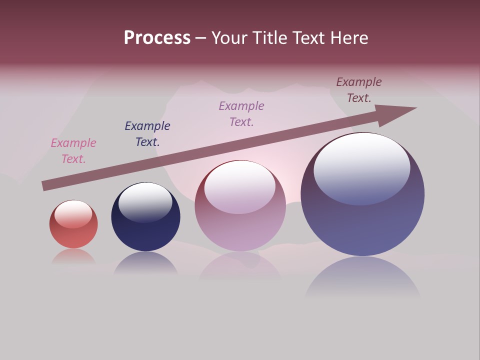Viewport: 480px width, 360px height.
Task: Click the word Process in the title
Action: click(157, 38)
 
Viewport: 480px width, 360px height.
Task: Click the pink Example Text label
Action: click(73, 151)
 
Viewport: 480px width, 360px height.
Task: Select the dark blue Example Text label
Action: click(147, 134)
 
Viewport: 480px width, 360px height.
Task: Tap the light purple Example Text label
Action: click(241, 114)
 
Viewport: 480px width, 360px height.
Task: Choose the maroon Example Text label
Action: click(359, 90)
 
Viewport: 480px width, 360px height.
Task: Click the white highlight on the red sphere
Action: click(73, 214)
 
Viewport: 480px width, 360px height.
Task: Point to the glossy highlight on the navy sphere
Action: click(145, 202)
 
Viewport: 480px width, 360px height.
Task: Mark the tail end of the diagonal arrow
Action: click(44, 186)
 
